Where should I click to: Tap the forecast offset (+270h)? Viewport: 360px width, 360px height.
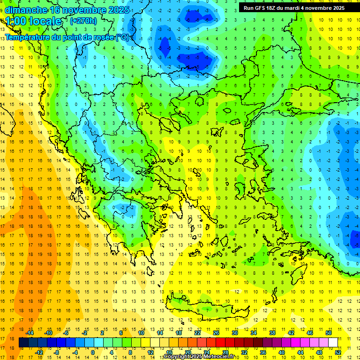point(83,21)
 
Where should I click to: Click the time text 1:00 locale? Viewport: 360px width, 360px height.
point(33,21)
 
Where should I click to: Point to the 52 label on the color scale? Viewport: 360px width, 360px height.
point(338,352)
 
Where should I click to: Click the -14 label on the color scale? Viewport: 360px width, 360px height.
point(30,333)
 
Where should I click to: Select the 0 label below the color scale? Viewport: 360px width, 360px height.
point(93,352)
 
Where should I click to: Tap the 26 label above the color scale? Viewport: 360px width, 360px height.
point(216,333)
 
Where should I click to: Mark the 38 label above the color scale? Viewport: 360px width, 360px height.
point(272,333)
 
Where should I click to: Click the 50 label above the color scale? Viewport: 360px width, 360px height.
point(329,333)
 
